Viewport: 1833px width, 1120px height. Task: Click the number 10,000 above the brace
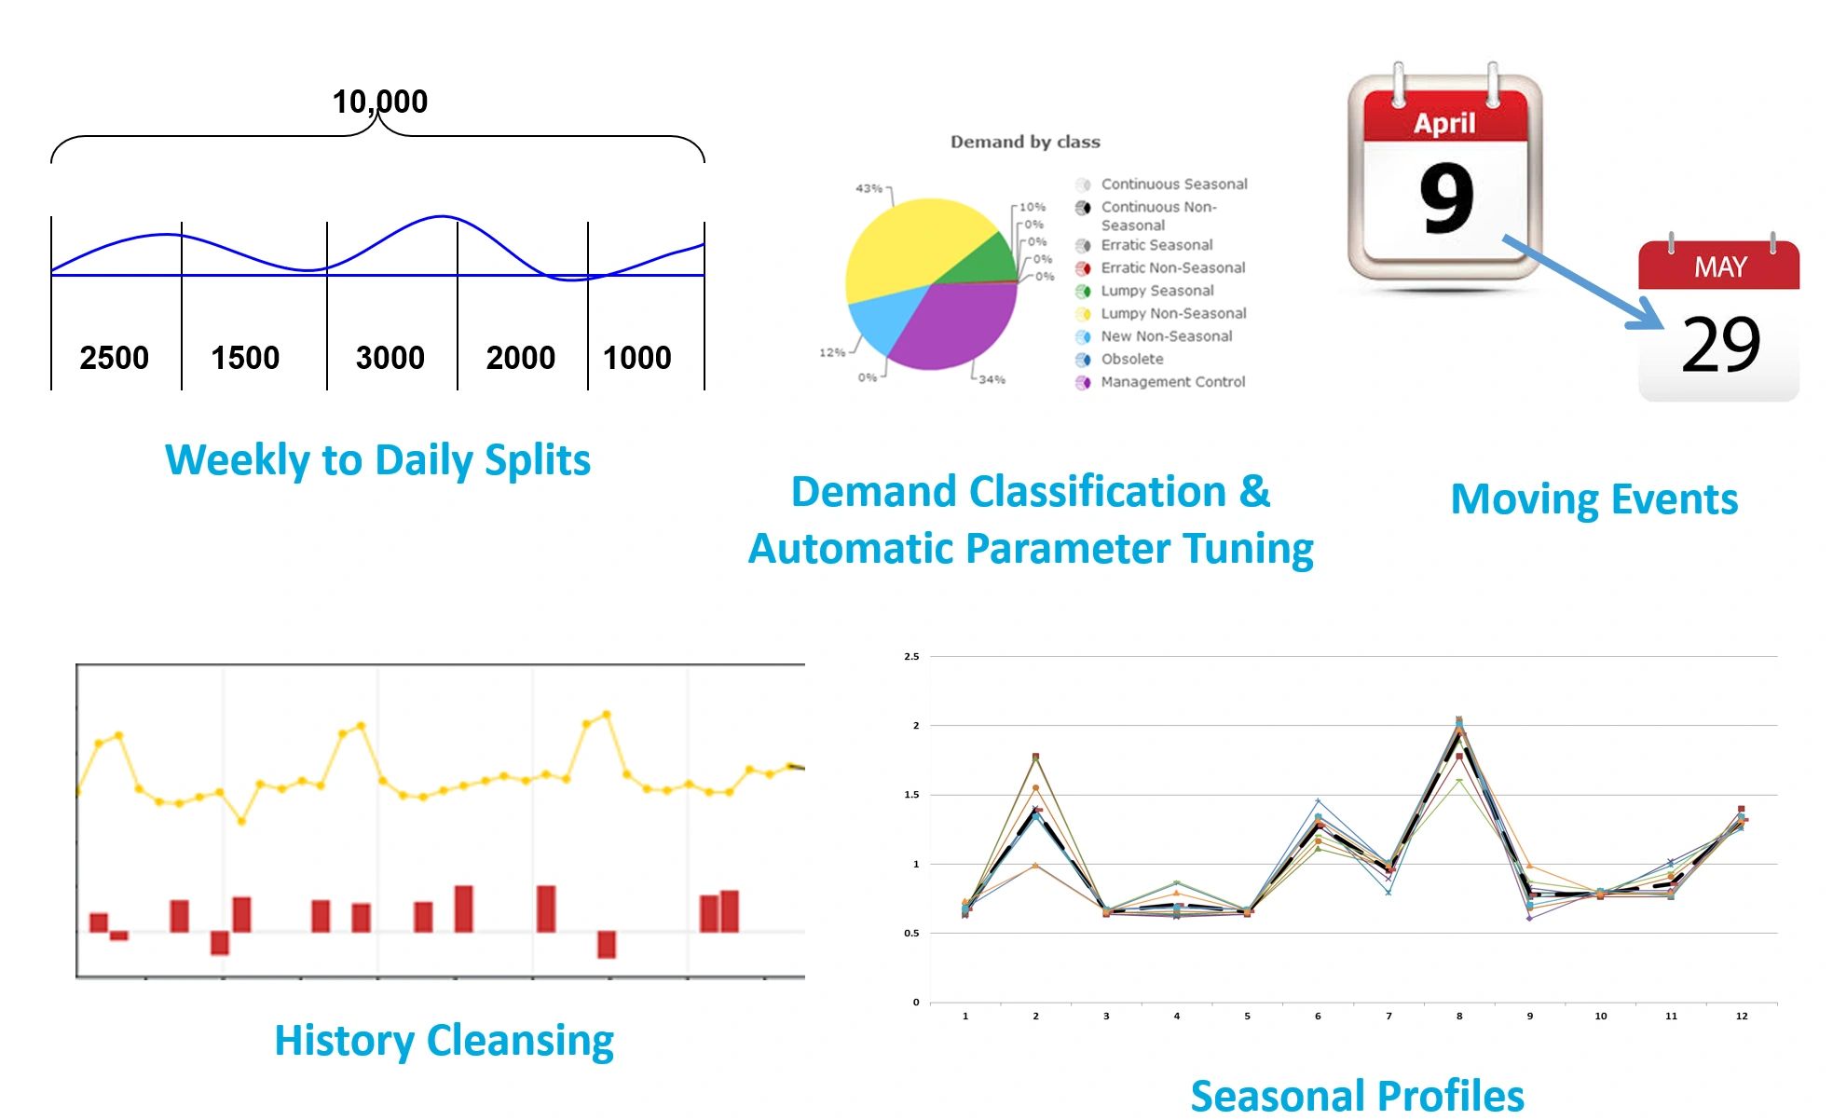click(x=379, y=102)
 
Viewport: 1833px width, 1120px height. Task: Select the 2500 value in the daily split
click(x=114, y=358)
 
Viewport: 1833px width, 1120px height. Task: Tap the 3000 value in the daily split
click(x=390, y=358)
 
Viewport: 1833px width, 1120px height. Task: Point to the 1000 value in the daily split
click(x=636, y=358)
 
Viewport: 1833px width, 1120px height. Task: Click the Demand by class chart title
click(x=1025, y=142)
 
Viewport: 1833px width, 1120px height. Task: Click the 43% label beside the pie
click(x=869, y=188)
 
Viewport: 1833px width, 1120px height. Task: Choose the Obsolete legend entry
click(x=1131, y=359)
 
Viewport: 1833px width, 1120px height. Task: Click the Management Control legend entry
click(x=1172, y=382)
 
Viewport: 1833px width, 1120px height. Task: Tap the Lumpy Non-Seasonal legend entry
click(x=1173, y=313)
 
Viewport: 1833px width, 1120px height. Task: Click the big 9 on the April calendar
click(x=1446, y=198)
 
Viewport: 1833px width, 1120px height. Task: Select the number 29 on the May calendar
click(x=1720, y=345)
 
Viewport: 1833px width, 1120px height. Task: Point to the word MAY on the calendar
click(x=1720, y=267)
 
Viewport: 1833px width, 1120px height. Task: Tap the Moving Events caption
click(x=1594, y=499)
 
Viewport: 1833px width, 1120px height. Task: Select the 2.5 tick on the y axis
click(x=911, y=657)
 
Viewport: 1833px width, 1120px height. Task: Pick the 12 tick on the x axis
click(x=1742, y=1017)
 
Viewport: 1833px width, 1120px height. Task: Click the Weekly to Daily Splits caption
click(x=377, y=460)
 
